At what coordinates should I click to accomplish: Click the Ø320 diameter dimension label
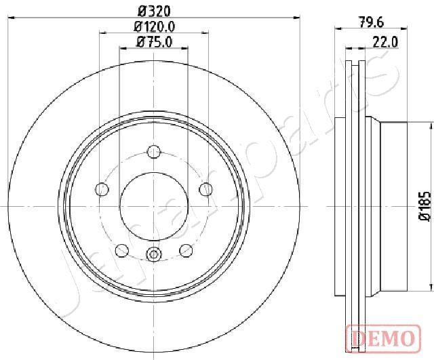pos(154,11)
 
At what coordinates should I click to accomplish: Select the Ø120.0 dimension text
pos(155,27)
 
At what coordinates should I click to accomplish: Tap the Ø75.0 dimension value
pos(154,42)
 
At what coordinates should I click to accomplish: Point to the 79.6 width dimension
pos(372,22)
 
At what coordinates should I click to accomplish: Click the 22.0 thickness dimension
pos(385,42)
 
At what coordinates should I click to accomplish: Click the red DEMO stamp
pos(383,336)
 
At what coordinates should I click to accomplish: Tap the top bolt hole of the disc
pos(154,152)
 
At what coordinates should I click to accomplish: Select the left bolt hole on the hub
pos(102,189)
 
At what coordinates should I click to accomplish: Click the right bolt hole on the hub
pos(205,189)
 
